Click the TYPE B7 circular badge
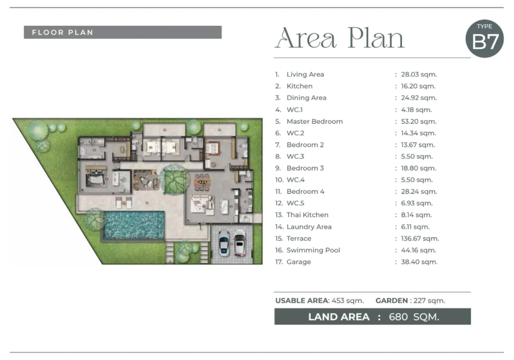(484, 39)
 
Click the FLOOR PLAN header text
(63, 33)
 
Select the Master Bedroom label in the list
(314, 121)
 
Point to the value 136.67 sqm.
(420, 239)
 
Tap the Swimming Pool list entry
(313, 250)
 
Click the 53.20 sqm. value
(418, 121)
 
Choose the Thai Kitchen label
(308, 215)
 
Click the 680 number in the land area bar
(398, 317)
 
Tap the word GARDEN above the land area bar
(391, 300)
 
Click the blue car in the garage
(224, 243)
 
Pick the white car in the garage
(239, 243)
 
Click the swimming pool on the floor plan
(134, 225)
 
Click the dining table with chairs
(201, 182)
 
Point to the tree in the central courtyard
(175, 179)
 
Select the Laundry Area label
(309, 227)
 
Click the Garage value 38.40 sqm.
(419, 262)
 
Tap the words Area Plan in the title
(340, 38)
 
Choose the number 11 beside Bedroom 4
(278, 192)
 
